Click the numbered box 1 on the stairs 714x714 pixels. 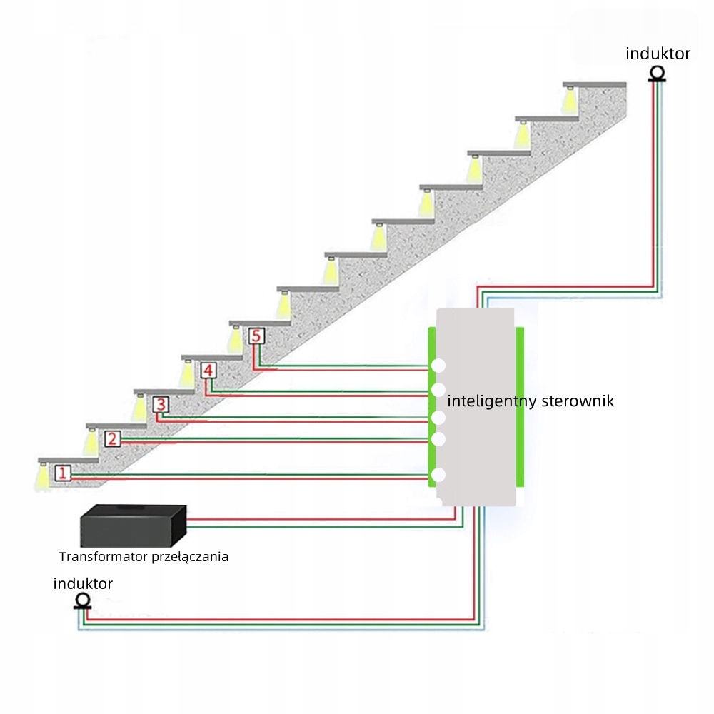point(63,472)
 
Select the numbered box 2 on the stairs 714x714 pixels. point(112,438)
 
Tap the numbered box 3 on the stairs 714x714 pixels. point(161,405)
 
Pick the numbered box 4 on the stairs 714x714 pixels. point(208,371)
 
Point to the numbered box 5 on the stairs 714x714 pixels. point(257,336)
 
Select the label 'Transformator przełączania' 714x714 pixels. point(144,556)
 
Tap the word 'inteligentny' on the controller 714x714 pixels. point(491,401)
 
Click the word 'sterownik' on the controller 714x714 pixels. point(578,401)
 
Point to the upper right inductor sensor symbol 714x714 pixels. point(657,74)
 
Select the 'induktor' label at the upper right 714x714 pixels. point(658,53)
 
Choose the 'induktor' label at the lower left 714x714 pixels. point(83,583)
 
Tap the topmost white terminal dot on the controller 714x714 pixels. point(438,366)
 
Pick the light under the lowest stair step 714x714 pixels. point(44,475)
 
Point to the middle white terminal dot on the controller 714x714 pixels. point(438,417)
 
